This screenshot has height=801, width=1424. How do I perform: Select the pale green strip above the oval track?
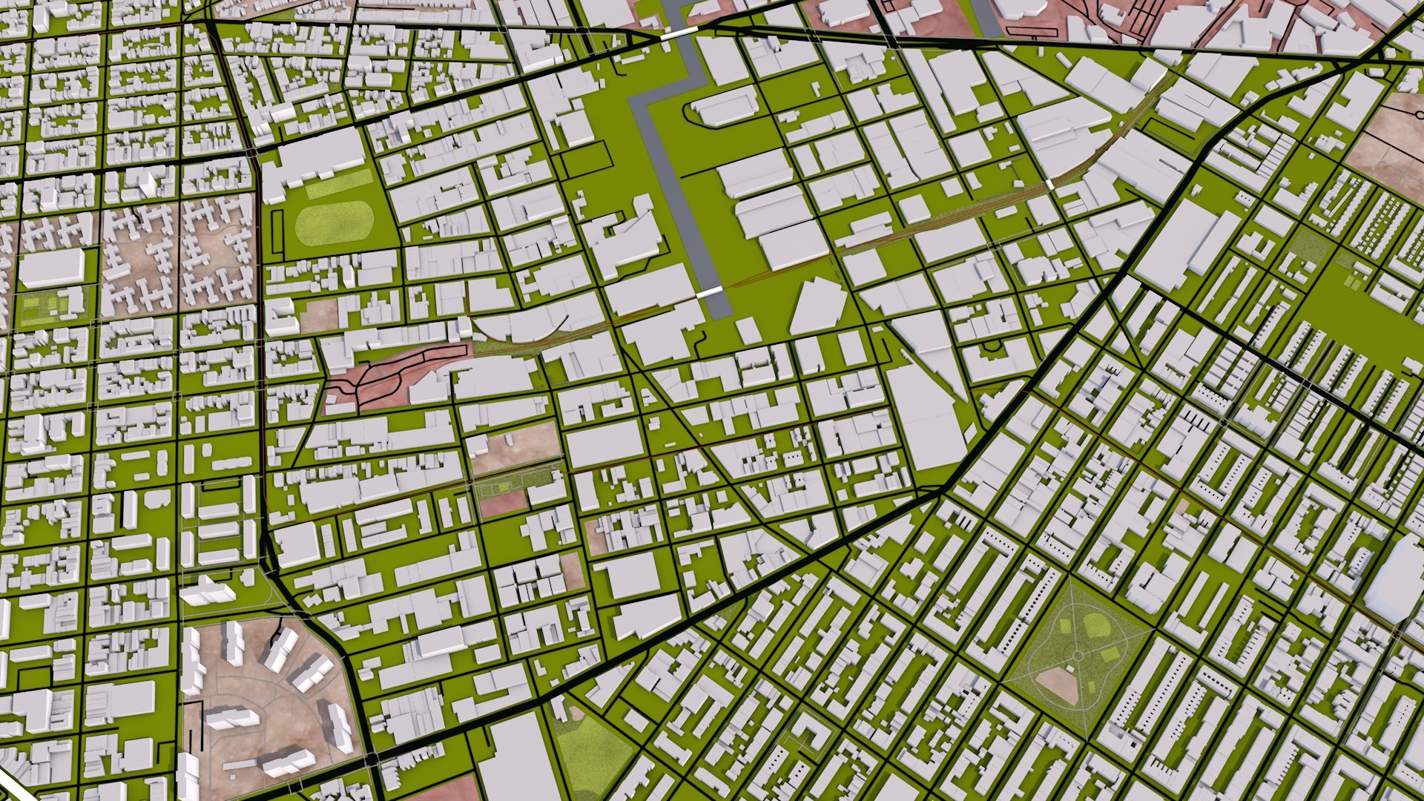tap(339, 183)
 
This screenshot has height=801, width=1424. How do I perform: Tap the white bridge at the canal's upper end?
tap(676, 34)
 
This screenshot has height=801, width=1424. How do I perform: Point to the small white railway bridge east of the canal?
tap(1051, 183)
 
